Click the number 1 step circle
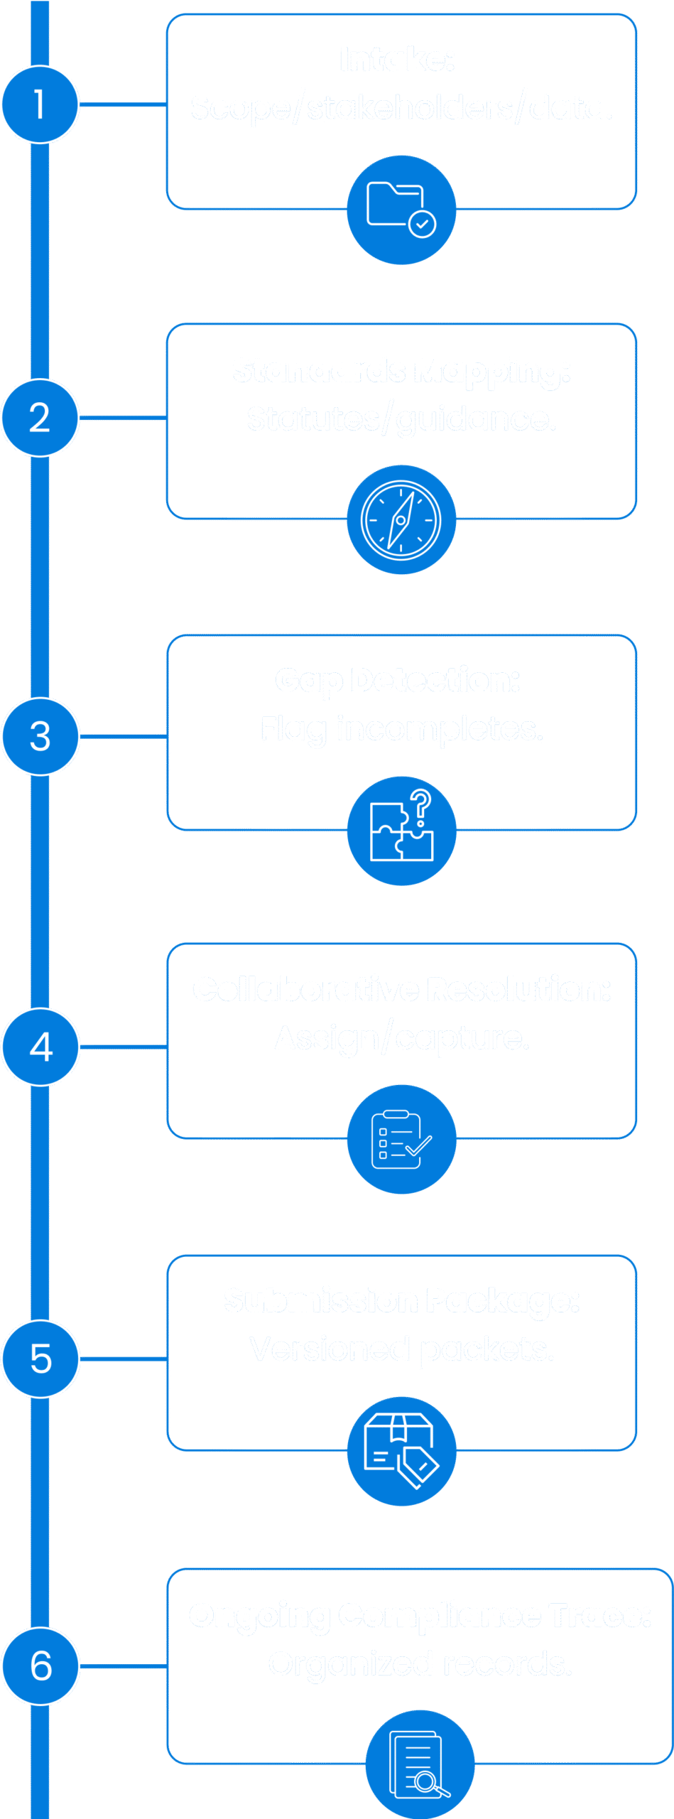coord(40,104)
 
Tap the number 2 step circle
coord(40,418)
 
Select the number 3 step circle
coord(40,736)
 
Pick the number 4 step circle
coord(40,1047)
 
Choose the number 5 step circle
coord(40,1359)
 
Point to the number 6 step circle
coord(40,1666)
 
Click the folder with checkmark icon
coord(401,210)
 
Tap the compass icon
coord(401,519)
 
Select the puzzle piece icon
coord(401,829)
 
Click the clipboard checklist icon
coord(401,1139)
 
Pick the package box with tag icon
coord(401,1450)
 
